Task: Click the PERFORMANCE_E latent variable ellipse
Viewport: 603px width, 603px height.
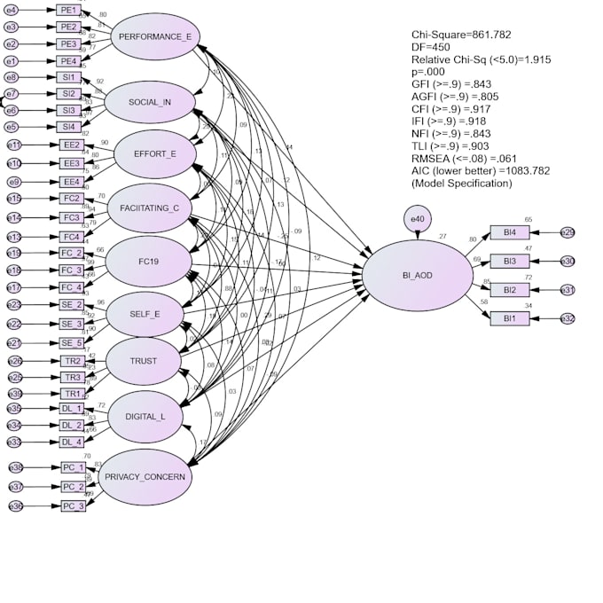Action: coord(155,36)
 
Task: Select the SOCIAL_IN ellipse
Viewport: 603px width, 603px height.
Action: coord(149,102)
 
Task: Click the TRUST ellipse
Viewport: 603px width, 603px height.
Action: coord(143,361)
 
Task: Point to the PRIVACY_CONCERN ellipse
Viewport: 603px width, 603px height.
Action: coord(145,477)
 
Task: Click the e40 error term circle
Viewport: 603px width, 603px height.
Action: coord(417,219)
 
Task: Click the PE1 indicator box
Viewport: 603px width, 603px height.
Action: coord(68,10)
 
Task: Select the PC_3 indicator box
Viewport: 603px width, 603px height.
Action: coord(73,506)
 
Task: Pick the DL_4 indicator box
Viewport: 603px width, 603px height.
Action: coord(71,442)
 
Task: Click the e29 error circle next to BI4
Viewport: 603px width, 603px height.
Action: coord(567,233)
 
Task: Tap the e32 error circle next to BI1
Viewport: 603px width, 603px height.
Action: coord(567,318)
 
